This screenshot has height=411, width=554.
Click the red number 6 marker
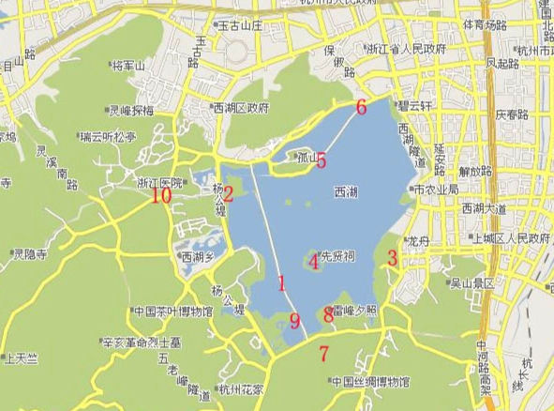click(362, 107)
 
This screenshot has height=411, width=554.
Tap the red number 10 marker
click(161, 195)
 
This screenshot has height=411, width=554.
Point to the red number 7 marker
click(324, 355)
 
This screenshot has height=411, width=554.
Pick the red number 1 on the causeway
click(281, 282)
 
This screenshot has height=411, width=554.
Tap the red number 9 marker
click(294, 322)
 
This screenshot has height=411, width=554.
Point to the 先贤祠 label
click(338, 255)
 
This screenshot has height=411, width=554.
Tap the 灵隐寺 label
click(33, 253)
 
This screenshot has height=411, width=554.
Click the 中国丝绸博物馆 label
click(370, 382)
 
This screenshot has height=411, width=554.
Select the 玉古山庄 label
click(246, 25)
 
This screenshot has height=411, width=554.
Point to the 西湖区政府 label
click(243, 107)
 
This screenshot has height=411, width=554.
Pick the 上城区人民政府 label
click(510, 238)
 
